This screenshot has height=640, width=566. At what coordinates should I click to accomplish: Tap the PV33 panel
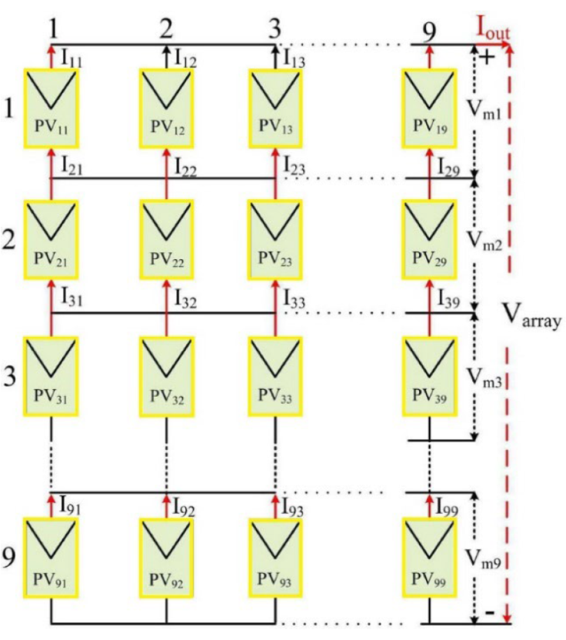(275, 374)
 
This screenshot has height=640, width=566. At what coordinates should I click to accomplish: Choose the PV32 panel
(166, 374)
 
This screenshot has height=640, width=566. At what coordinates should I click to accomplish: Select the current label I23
(296, 165)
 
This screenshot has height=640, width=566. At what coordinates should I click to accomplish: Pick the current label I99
(451, 506)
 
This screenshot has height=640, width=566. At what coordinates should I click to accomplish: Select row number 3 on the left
(9, 370)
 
